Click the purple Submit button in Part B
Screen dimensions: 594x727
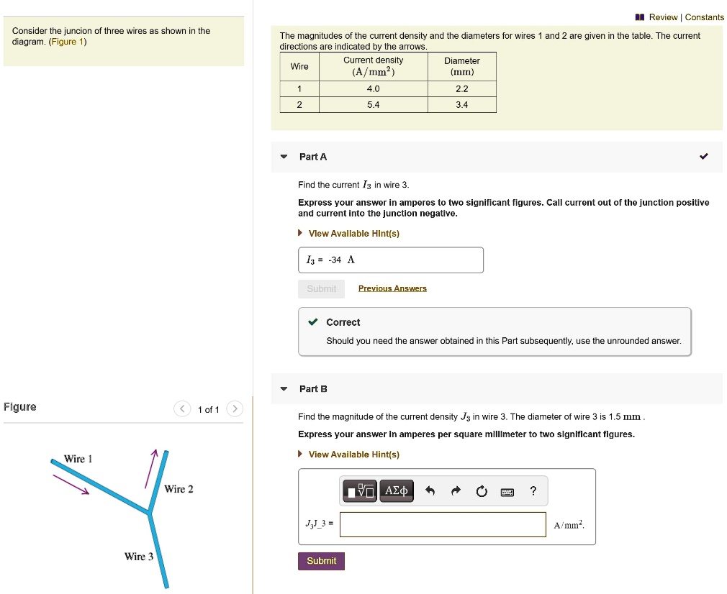pyautogui.click(x=321, y=561)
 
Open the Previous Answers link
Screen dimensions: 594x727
pyautogui.click(x=392, y=288)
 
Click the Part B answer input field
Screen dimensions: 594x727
pyautogui.click(x=443, y=524)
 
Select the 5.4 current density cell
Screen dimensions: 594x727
pyautogui.click(x=373, y=105)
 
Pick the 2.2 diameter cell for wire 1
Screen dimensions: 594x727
pyautogui.click(x=461, y=89)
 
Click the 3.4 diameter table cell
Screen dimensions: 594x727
pyautogui.click(x=461, y=105)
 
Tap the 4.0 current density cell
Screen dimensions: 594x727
pyautogui.click(x=373, y=89)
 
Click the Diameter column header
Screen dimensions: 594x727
pyautogui.click(x=461, y=66)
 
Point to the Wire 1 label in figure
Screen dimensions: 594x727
pyautogui.click(x=78, y=459)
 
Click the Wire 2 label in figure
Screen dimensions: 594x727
pyautogui.click(x=179, y=489)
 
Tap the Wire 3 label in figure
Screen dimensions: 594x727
pyautogui.click(x=138, y=557)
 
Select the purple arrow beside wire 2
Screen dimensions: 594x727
pyautogui.click(x=150, y=468)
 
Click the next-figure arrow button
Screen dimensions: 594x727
pyautogui.click(x=235, y=409)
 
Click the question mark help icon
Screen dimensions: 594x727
pyautogui.click(x=533, y=491)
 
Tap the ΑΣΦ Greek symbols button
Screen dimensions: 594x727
pyautogui.click(x=397, y=491)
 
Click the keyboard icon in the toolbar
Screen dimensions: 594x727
pyautogui.click(x=507, y=492)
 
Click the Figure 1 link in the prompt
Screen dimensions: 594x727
pyautogui.click(x=68, y=42)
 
